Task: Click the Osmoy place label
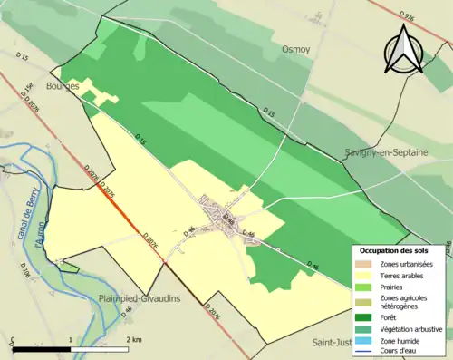(296, 49)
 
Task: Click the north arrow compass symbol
(404, 49)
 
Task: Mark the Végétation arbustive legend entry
(408, 328)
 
